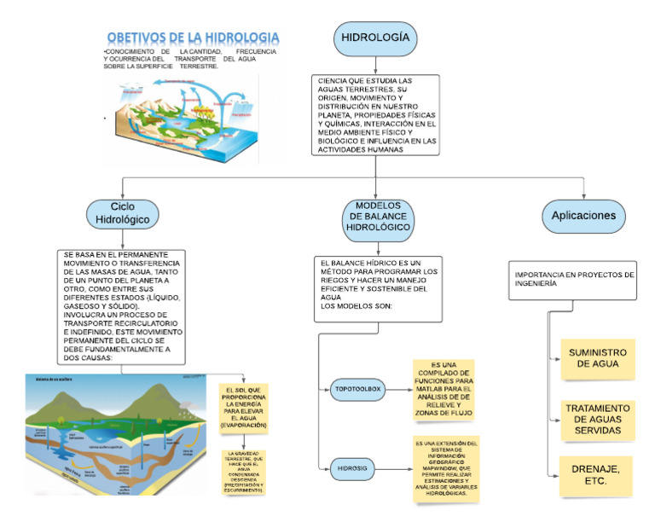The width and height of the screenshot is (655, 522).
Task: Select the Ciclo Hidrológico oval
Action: click(x=123, y=213)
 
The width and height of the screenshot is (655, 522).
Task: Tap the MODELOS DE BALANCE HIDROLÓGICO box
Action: click(x=377, y=217)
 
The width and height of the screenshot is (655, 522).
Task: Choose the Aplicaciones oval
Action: click(x=583, y=216)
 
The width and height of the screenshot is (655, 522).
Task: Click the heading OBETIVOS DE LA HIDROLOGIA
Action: click(x=194, y=39)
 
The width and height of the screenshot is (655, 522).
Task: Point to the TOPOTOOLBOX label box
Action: click(x=356, y=390)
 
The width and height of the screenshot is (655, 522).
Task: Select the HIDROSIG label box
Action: click(x=355, y=467)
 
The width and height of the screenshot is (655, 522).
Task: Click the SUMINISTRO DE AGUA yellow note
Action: click(x=597, y=362)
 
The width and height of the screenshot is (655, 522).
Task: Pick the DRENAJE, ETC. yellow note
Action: click(x=597, y=475)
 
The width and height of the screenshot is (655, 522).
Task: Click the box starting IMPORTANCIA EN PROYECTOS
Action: click(x=575, y=281)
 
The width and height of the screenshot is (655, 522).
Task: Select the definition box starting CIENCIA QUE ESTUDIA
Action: click(x=375, y=116)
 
